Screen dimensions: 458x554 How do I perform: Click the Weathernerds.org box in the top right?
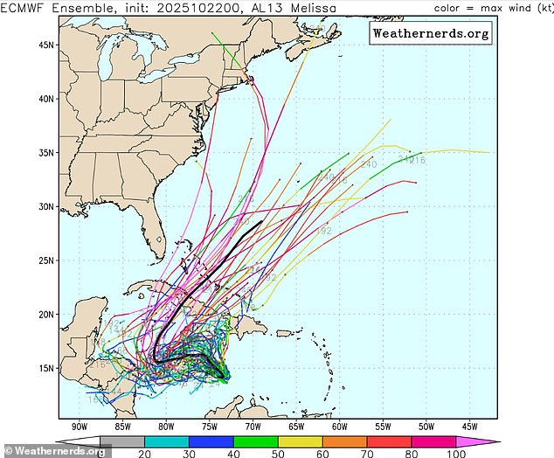click(x=431, y=33)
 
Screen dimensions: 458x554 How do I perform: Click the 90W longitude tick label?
click(x=80, y=427)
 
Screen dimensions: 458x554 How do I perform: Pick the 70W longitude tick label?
click(x=253, y=427)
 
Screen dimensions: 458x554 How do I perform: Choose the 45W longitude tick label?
click(x=468, y=427)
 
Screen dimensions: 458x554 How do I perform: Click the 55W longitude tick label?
click(x=382, y=427)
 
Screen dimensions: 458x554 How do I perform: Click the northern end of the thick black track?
click(x=262, y=222)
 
